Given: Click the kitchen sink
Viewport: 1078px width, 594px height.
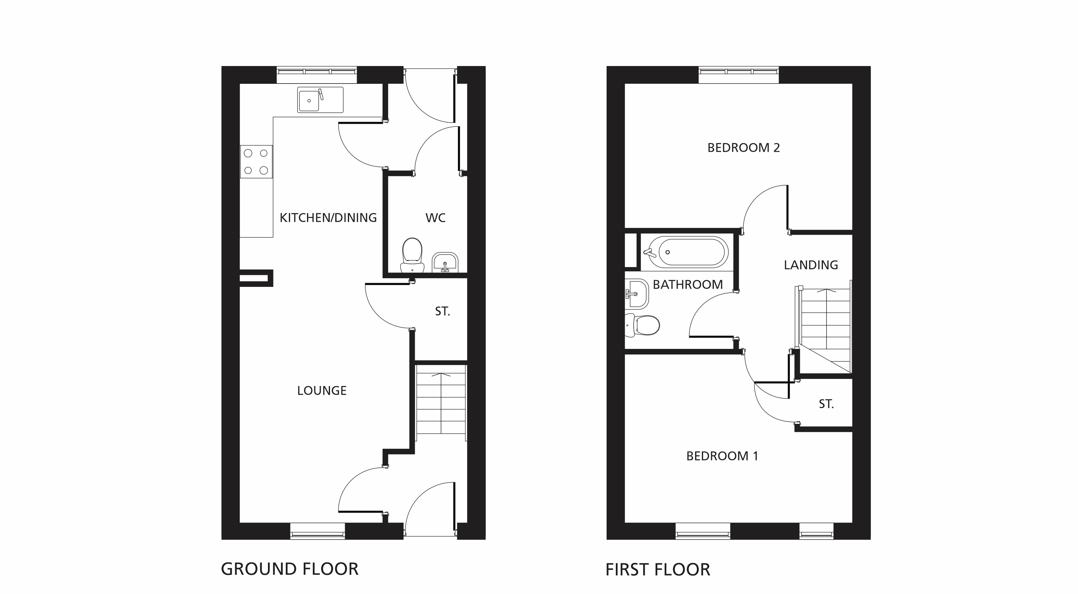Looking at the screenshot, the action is tap(320, 100).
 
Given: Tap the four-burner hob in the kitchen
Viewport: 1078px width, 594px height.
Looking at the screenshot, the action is tap(256, 162).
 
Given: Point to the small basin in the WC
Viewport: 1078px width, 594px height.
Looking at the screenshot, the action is tap(445, 262).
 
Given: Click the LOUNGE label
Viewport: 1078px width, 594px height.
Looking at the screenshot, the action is tap(322, 391).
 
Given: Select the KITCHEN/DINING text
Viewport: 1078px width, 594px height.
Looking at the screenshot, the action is tap(328, 217).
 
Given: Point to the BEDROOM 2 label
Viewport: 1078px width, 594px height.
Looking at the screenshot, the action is tap(744, 148).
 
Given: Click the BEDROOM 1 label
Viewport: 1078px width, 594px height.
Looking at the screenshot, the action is tap(722, 456).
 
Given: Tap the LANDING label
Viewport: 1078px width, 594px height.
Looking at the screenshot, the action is tap(811, 265).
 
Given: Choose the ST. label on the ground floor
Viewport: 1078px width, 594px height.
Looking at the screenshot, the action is tap(442, 311).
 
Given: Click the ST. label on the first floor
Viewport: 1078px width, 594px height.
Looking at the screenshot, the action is tap(826, 404).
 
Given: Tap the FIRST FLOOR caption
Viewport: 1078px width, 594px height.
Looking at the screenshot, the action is tap(658, 570).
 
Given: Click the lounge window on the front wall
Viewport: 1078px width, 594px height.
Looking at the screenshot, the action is tap(318, 531).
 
